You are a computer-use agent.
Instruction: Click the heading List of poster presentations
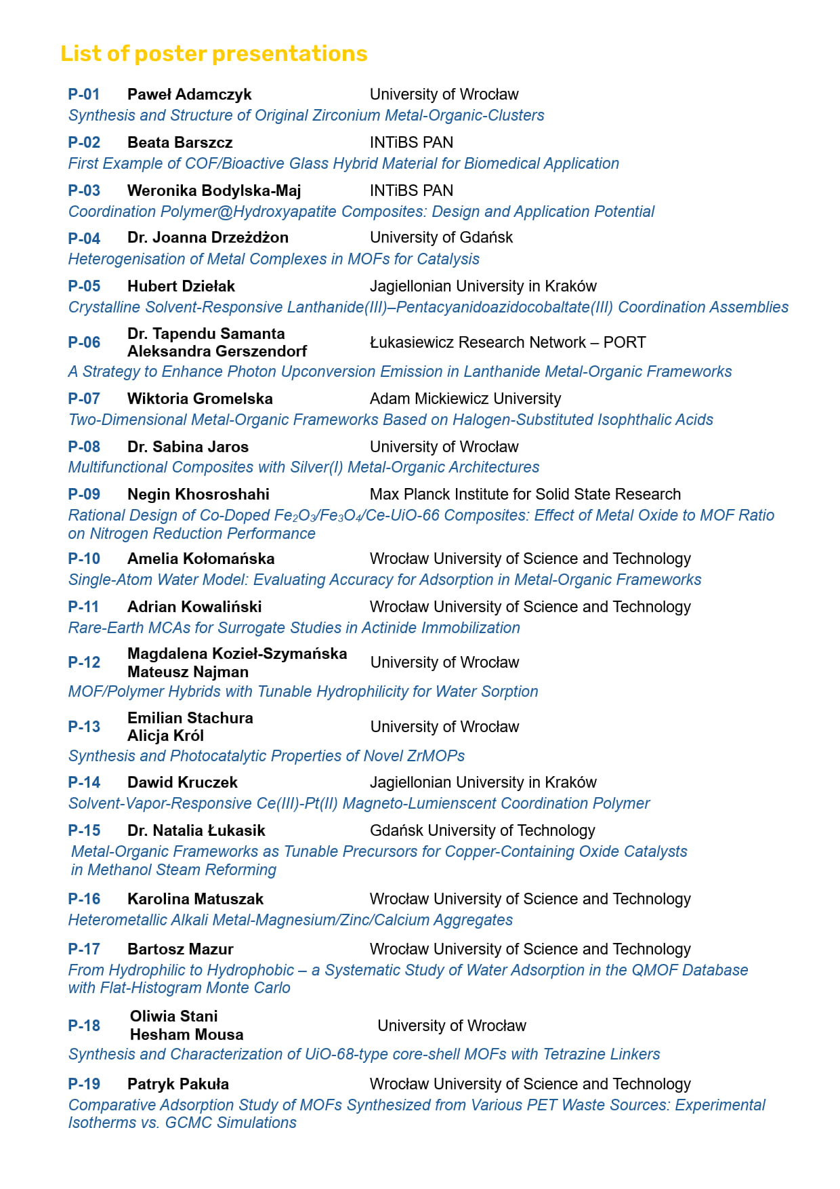click(x=213, y=54)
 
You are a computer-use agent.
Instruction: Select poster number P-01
click(x=84, y=94)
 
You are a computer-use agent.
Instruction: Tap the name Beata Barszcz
click(x=180, y=142)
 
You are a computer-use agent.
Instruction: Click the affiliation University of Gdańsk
click(x=441, y=237)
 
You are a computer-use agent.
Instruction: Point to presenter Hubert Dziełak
click(x=181, y=286)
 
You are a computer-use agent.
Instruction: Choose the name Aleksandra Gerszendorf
click(x=217, y=351)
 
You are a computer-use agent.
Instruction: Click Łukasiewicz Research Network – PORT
click(x=507, y=342)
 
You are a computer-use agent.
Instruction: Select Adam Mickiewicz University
click(x=465, y=399)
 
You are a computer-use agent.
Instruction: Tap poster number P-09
click(x=84, y=494)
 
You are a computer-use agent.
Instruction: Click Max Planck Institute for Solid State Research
click(x=525, y=494)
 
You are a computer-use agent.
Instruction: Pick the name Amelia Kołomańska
click(x=201, y=559)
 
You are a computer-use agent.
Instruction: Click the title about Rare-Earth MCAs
click(x=294, y=628)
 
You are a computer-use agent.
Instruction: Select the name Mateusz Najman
click(x=188, y=672)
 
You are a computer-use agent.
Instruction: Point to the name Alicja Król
click(x=165, y=735)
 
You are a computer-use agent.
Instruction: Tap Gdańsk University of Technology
click(x=482, y=830)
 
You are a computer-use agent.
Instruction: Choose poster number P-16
click(x=84, y=899)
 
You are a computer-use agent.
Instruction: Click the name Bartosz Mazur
click(x=180, y=949)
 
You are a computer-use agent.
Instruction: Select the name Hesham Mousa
click(x=186, y=1034)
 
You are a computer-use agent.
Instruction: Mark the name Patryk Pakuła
click(x=178, y=1084)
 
